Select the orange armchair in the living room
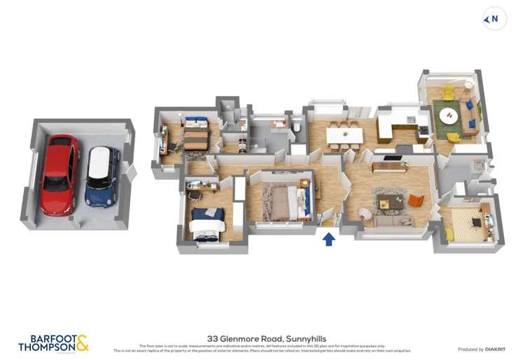click(416, 200)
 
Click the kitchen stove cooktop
click(423, 130)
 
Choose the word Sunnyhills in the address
click(305, 338)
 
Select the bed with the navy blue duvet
click(208, 221)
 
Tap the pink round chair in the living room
click(366, 212)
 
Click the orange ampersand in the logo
click(82, 342)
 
